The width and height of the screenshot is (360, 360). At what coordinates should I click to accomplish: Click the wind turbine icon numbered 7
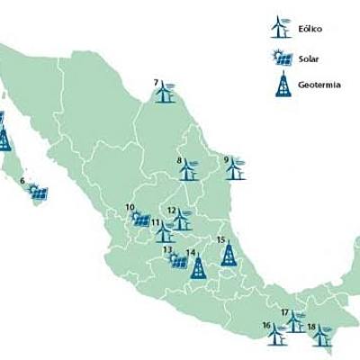[x=165, y=92]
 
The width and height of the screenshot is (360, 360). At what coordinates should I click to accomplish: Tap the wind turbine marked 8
[x=188, y=168]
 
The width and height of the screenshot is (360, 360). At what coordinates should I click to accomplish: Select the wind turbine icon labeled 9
[x=235, y=168]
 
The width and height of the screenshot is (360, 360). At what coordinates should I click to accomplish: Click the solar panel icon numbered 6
[x=37, y=191]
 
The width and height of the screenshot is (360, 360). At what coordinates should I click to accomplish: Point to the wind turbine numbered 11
[x=165, y=231]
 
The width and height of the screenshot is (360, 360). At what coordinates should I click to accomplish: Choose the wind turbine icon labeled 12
[x=182, y=219]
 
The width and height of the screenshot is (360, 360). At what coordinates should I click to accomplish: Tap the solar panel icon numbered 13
[x=179, y=260]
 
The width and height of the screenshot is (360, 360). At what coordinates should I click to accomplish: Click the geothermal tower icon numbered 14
[x=199, y=265]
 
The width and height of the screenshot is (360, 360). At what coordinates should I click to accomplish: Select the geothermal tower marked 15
[x=229, y=254]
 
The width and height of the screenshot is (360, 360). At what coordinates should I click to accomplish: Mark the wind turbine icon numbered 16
[x=276, y=334]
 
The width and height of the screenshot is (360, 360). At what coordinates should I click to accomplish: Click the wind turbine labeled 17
[x=294, y=321]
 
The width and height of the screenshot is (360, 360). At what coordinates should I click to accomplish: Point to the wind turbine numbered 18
[x=319, y=335]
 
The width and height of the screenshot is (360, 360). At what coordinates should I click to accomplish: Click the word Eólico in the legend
[x=310, y=29]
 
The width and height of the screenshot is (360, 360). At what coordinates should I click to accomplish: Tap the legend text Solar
[x=309, y=58]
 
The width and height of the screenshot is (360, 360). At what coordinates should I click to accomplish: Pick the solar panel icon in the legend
[x=283, y=58]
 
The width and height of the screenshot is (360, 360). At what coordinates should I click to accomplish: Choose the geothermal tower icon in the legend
[x=283, y=86]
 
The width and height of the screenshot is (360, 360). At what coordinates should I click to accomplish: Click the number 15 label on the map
[x=221, y=238]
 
